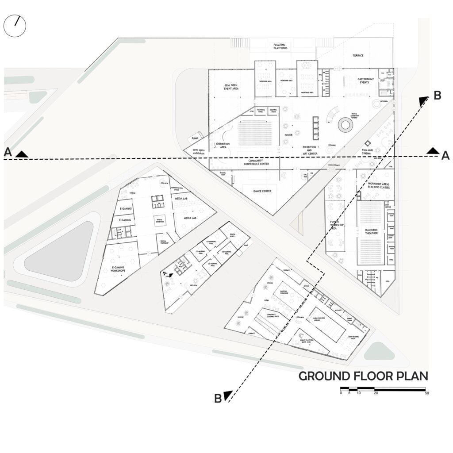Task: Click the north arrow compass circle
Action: point(15,26)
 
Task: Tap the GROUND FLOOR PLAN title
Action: point(363,376)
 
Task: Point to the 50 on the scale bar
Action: point(426,393)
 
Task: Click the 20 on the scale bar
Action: point(376,393)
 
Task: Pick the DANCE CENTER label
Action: point(262,191)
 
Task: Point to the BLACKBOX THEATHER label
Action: point(372,232)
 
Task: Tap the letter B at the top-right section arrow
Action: point(437,95)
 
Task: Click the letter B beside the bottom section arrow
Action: point(218,398)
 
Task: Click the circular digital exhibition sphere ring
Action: point(345,125)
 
